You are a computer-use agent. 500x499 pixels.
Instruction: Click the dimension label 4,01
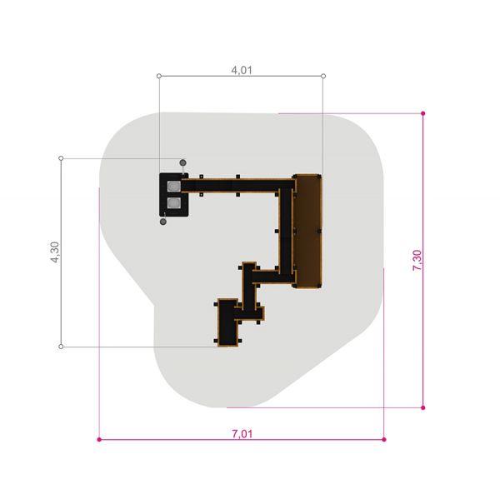click(242, 70)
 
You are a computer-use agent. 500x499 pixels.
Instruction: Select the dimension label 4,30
click(55, 252)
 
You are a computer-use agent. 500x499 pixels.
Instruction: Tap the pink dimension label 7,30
click(417, 260)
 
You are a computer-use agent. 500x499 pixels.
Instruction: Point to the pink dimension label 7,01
click(242, 434)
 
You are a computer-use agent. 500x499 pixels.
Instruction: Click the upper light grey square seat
click(174, 187)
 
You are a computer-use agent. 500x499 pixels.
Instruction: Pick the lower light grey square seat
click(174, 202)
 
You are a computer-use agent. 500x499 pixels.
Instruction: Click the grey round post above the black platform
click(182, 163)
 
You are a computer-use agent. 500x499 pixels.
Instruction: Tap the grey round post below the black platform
click(163, 222)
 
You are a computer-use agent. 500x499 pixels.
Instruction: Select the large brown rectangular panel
click(307, 231)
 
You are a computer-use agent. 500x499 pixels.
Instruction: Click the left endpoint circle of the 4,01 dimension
click(159, 76)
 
